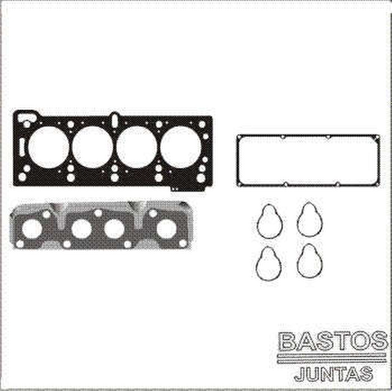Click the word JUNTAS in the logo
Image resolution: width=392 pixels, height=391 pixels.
pyautogui.click(x=333, y=374)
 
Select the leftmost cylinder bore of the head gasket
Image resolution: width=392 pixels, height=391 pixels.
pyautogui.click(x=48, y=147)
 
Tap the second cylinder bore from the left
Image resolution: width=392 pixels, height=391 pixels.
pyautogui.click(x=92, y=147)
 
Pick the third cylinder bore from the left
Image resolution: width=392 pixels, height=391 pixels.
pyautogui.click(x=137, y=147)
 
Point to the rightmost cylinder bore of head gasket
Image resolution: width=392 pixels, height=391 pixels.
pyautogui.click(x=181, y=147)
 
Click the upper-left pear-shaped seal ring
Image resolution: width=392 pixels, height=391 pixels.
pyautogui.click(x=270, y=221)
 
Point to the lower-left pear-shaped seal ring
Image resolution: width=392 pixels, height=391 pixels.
pyautogui.click(x=269, y=263)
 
